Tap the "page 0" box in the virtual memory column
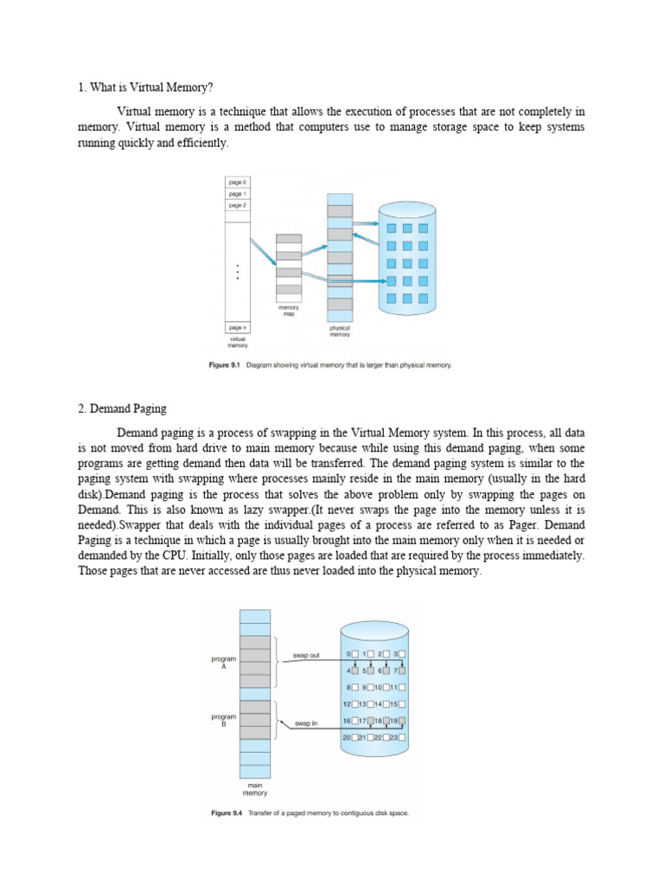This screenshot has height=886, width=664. [x=238, y=183]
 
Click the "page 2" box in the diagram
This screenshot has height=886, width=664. [x=238, y=206]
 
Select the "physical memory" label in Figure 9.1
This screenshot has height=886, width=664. [x=340, y=332]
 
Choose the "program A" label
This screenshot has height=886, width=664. [x=223, y=663]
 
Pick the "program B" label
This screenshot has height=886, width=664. [x=223, y=721]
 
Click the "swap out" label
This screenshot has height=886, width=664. [x=306, y=655]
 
